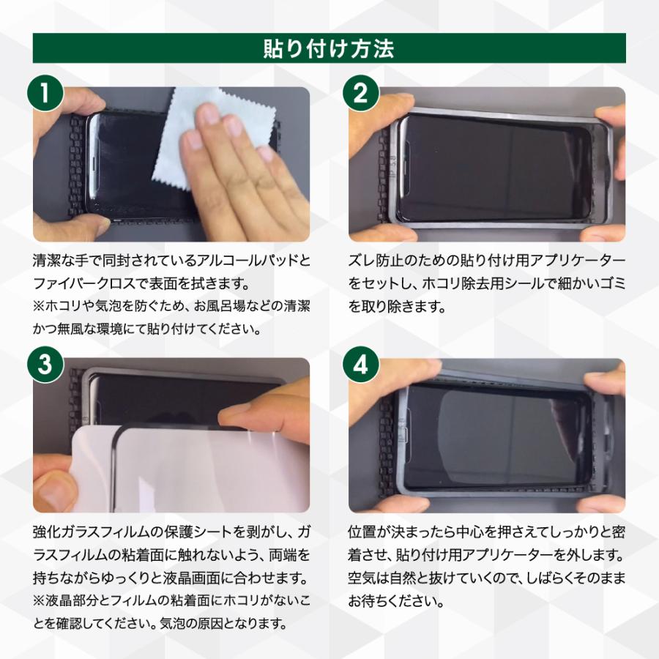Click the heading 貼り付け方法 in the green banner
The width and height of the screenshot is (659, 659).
(x=329, y=48)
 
